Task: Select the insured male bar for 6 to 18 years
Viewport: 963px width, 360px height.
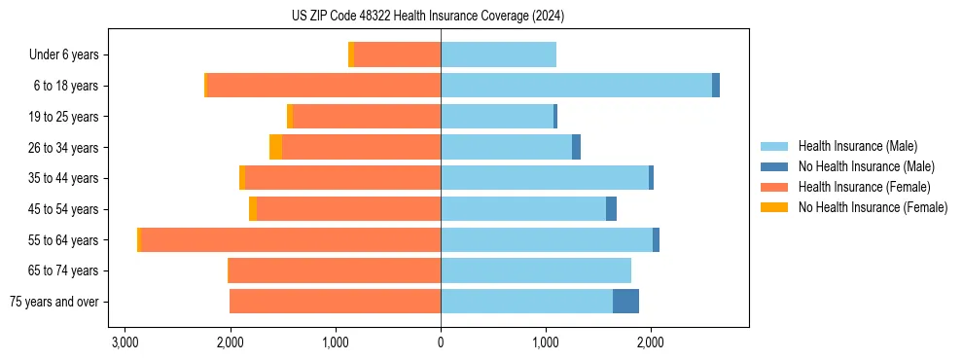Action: (x=576, y=86)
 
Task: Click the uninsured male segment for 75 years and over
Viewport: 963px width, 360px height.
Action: (x=625, y=302)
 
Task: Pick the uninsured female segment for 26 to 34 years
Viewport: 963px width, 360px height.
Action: (x=275, y=147)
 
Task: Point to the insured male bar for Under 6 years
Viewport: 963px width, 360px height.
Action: (x=498, y=54)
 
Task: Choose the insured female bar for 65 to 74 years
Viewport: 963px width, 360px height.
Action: (x=335, y=270)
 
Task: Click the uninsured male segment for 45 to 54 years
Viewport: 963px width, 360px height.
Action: (x=611, y=209)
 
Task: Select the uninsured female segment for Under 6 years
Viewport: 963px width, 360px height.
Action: (x=351, y=54)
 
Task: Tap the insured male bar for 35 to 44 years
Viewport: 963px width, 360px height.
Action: (x=545, y=178)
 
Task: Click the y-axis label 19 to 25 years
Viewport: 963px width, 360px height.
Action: (x=63, y=117)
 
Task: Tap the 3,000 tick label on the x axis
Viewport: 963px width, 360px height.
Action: (x=125, y=343)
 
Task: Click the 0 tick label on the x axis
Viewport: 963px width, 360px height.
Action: (x=441, y=343)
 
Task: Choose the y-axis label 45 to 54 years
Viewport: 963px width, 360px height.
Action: (x=63, y=209)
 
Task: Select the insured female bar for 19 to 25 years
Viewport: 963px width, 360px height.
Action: (x=367, y=117)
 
